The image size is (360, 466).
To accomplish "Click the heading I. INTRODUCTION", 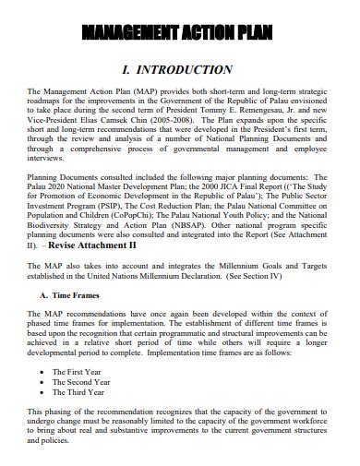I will [x=177, y=70].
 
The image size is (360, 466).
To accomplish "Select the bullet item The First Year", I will [x=80, y=371].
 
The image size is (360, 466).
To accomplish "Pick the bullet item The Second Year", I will [x=85, y=382].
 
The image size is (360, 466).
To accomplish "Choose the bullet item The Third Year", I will [x=82, y=393].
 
